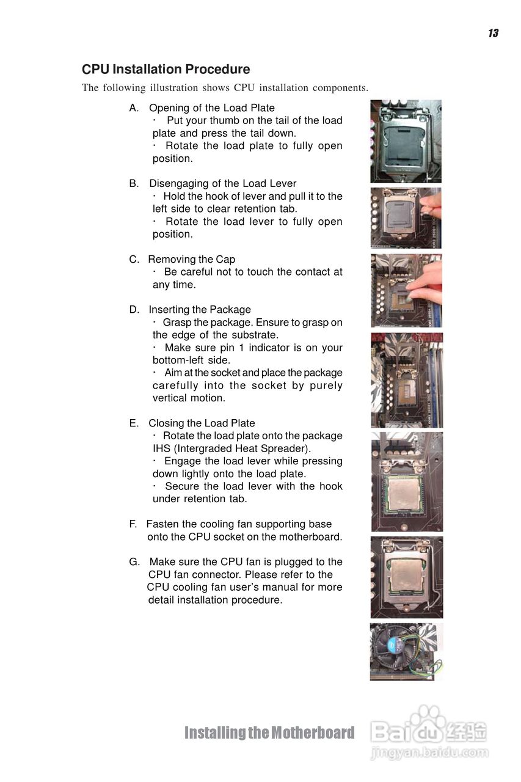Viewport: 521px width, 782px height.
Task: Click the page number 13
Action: coord(493,33)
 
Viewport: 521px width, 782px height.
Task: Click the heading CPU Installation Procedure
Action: coord(166,69)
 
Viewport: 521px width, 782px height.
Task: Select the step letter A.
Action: coord(134,108)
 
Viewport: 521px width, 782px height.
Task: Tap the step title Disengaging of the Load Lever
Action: coord(223,183)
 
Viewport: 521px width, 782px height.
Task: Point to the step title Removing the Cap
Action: coord(192,259)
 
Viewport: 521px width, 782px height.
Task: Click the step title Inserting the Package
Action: coord(200,309)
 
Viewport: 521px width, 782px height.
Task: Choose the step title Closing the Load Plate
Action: coord(202,423)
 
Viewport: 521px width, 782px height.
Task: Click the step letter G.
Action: coord(134,561)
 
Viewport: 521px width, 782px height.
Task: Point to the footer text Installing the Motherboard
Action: coord(269,733)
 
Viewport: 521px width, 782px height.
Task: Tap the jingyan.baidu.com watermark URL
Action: coord(429,752)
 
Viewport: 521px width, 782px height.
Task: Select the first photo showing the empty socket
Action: coord(406,141)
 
